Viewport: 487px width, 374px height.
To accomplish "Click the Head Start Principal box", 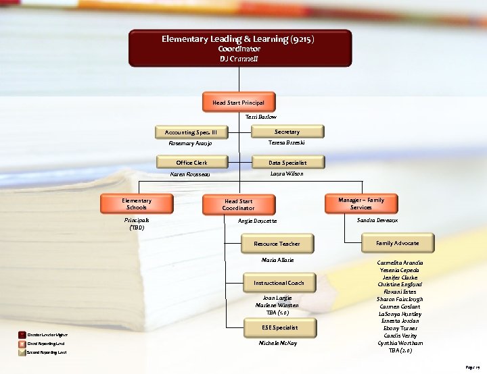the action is click(x=239, y=103).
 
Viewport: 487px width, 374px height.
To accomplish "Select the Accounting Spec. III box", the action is click(x=192, y=132).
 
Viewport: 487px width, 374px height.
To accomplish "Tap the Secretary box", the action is click(x=287, y=132).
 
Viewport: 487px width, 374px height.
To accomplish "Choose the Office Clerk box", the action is click(x=192, y=163).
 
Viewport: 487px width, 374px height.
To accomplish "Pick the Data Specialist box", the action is click(x=287, y=163).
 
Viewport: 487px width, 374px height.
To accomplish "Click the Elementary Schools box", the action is click(x=137, y=204).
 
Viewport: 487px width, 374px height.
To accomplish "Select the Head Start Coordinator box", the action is click(x=239, y=205).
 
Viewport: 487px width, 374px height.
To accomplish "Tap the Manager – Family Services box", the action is click(x=361, y=204).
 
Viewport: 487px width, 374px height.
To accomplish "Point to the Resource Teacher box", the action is click(x=277, y=244).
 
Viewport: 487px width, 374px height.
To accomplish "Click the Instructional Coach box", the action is click(x=279, y=283).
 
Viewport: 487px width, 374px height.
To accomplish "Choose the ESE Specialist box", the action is click(x=279, y=327).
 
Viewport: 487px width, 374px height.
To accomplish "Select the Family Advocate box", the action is click(x=397, y=243).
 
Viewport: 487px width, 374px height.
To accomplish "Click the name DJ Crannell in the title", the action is click(x=239, y=59).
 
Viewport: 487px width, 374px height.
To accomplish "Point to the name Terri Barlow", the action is click(x=261, y=117).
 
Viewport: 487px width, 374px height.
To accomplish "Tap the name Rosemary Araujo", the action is click(x=190, y=144).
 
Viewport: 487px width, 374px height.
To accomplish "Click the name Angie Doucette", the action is click(x=258, y=221).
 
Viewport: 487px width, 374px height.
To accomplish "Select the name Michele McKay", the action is click(x=278, y=343).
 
